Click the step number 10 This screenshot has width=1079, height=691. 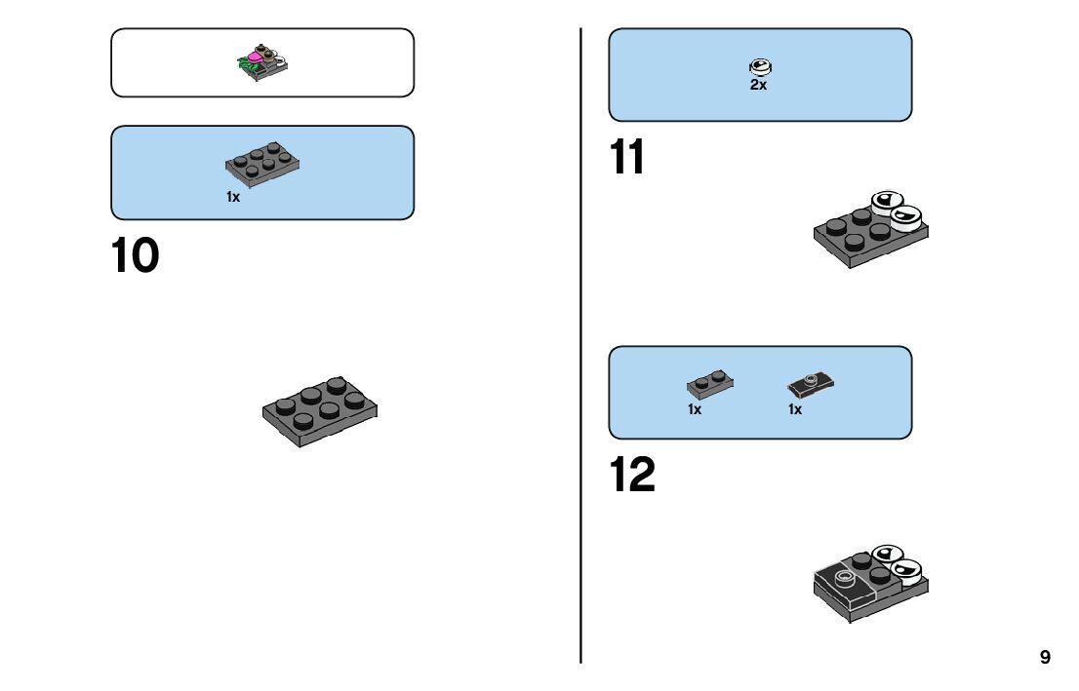pyautogui.click(x=135, y=255)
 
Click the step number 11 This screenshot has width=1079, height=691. pyautogui.click(x=627, y=157)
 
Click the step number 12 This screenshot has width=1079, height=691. pyautogui.click(x=632, y=475)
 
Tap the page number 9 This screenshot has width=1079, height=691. pyautogui.click(x=1045, y=657)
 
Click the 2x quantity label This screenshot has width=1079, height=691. pyautogui.click(x=758, y=85)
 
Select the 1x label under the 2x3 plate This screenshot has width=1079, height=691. pyautogui.click(x=233, y=197)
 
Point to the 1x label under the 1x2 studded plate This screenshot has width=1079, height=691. pyautogui.click(x=695, y=409)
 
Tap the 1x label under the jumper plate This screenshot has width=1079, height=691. pyautogui.click(x=795, y=409)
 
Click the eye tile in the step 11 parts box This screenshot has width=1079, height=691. pyautogui.click(x=760, y=66)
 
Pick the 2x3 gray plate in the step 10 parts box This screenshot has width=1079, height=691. pyautogui.click(x=262, y=165)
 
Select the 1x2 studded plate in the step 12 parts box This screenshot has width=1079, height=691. pyautogui.click(x=710, y=384)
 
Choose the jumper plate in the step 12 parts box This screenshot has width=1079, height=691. pyautogui.click(x=811, y=385)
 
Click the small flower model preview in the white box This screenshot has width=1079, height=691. pyautogui.click(x=262, y=62)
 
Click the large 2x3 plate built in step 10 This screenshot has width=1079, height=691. pyautogui.click(x=320, y=411)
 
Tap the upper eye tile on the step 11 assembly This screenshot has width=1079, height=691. pyautogui.click(x=887, y=202)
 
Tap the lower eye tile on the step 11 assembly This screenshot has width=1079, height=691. pyautogui.click(x=906, y=218)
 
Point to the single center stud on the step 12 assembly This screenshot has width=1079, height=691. pyautogui.click(x=845, y=578)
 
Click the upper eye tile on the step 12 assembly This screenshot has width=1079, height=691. pyautogui.click(x=887, y=554)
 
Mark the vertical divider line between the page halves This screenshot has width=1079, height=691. pyautogui.click(x=580, y=345)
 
